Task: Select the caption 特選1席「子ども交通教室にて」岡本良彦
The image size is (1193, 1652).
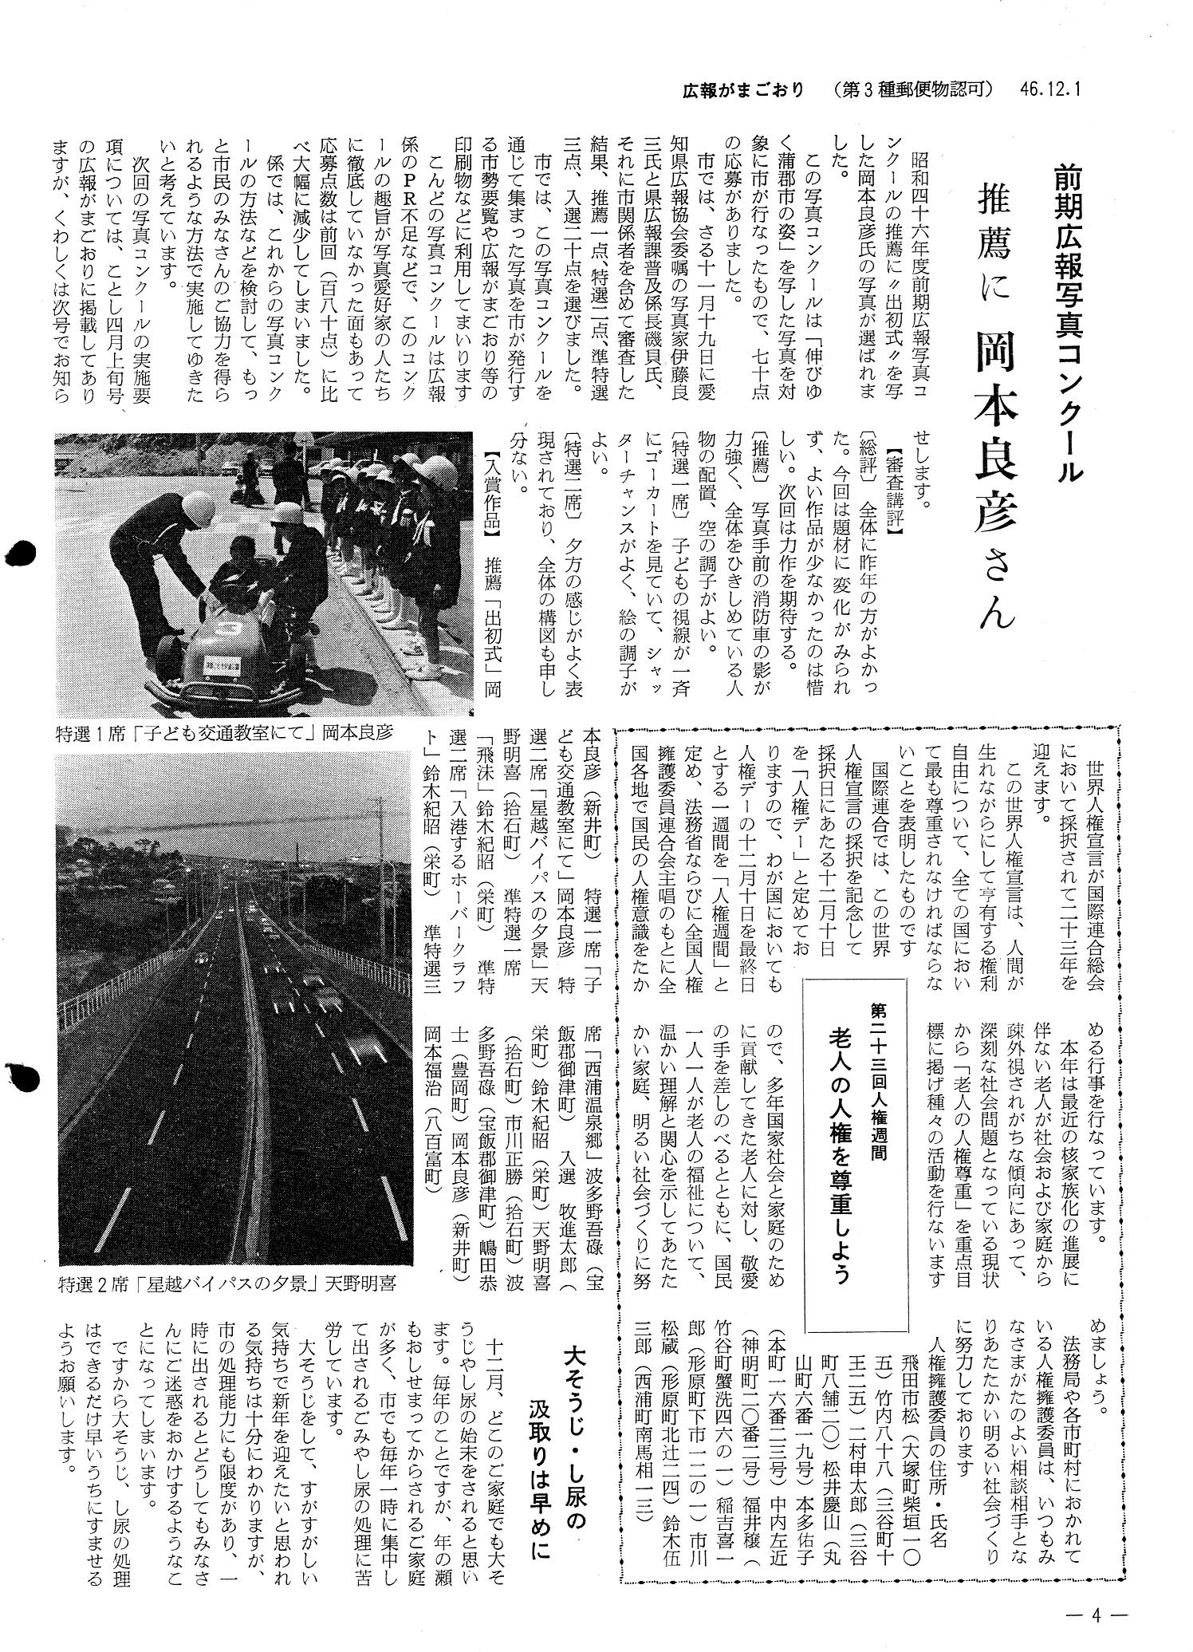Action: click(225, 731)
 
